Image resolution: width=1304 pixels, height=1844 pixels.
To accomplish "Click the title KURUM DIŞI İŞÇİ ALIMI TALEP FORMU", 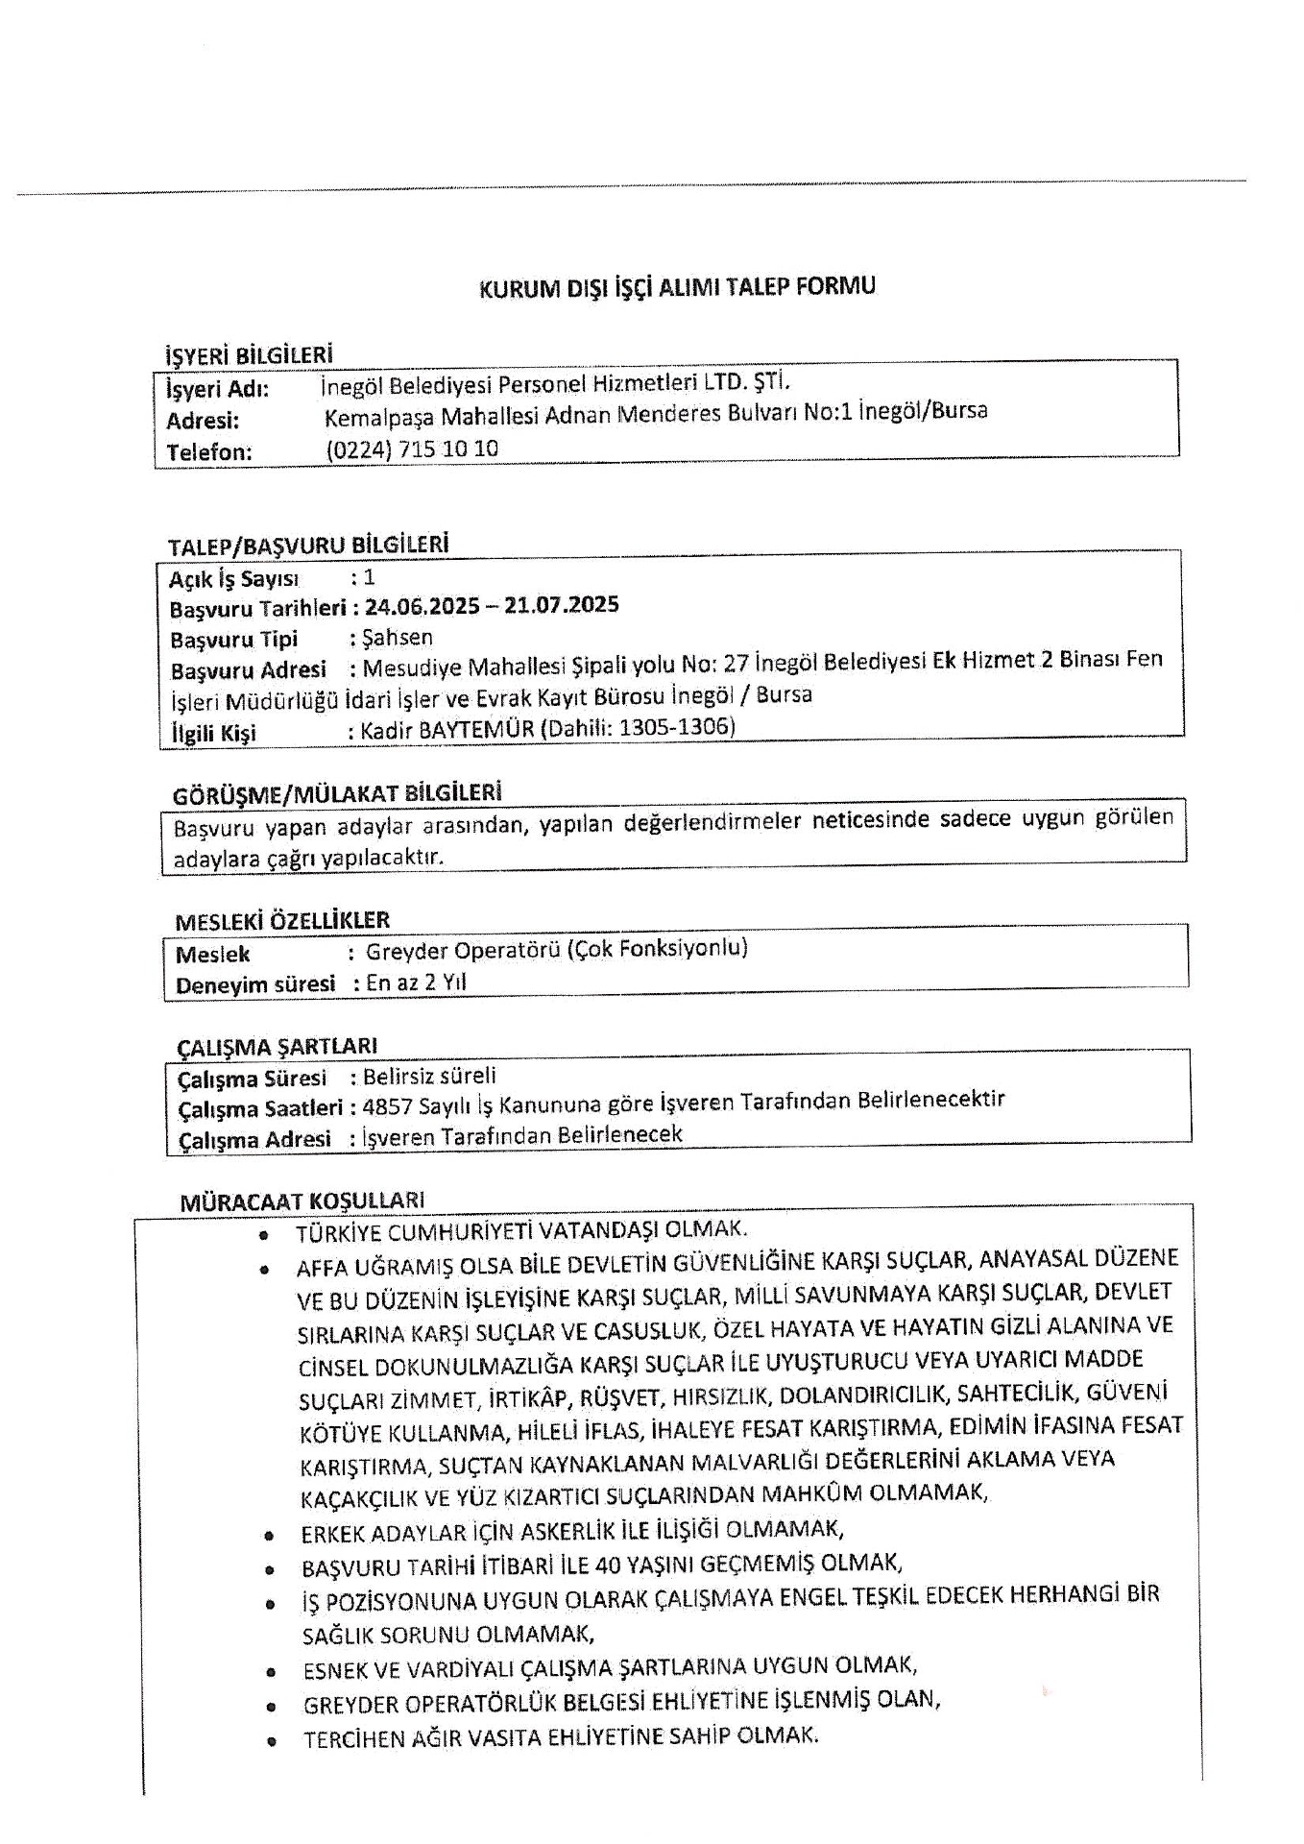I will click(677, 287).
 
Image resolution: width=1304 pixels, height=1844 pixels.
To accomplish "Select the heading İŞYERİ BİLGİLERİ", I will click(250, 355).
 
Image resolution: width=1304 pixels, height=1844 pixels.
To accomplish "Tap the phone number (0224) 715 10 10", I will click(412, 449).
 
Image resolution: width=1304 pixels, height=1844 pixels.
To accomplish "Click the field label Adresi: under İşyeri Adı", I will click(203, 421).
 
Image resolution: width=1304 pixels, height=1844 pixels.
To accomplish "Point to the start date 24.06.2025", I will click(422, 607).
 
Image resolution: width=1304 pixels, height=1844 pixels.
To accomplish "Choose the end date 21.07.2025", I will click(562, 605).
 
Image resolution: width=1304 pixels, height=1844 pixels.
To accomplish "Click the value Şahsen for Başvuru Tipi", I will click(398, 638).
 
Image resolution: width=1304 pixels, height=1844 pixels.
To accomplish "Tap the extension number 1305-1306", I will click(677, 726).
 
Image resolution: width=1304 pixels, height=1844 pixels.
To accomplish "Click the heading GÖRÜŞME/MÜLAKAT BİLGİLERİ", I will click(337, 794).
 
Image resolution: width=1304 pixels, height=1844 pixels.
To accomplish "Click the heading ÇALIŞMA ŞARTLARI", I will click(278, 1046).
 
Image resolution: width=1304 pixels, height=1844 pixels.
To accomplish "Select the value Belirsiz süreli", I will click(429, 1076).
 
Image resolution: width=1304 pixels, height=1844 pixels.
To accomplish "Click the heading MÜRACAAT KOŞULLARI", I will click(302, 1201).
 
